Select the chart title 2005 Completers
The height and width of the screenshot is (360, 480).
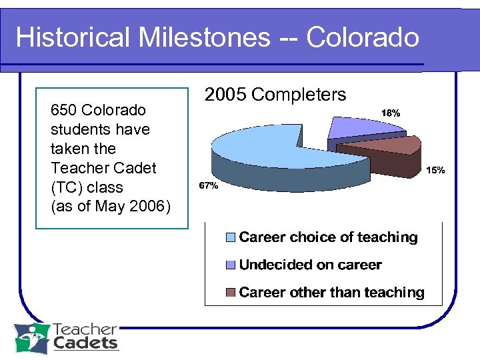click(275, 95)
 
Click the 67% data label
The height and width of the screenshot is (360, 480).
click(208, 186)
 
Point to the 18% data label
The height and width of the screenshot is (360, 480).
click(390, 113)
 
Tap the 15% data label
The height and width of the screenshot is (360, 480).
click(435, 171)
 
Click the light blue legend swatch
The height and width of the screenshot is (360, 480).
click(231, 237)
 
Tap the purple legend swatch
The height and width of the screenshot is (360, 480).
click(231, 265)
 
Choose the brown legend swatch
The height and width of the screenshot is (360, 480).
click(231, 293)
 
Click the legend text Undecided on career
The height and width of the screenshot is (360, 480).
click(310, 265)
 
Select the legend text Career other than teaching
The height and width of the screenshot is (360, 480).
click(331, 292)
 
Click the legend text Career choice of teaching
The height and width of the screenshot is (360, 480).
click(328, 237)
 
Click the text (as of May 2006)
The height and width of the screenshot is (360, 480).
click(111, 207)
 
